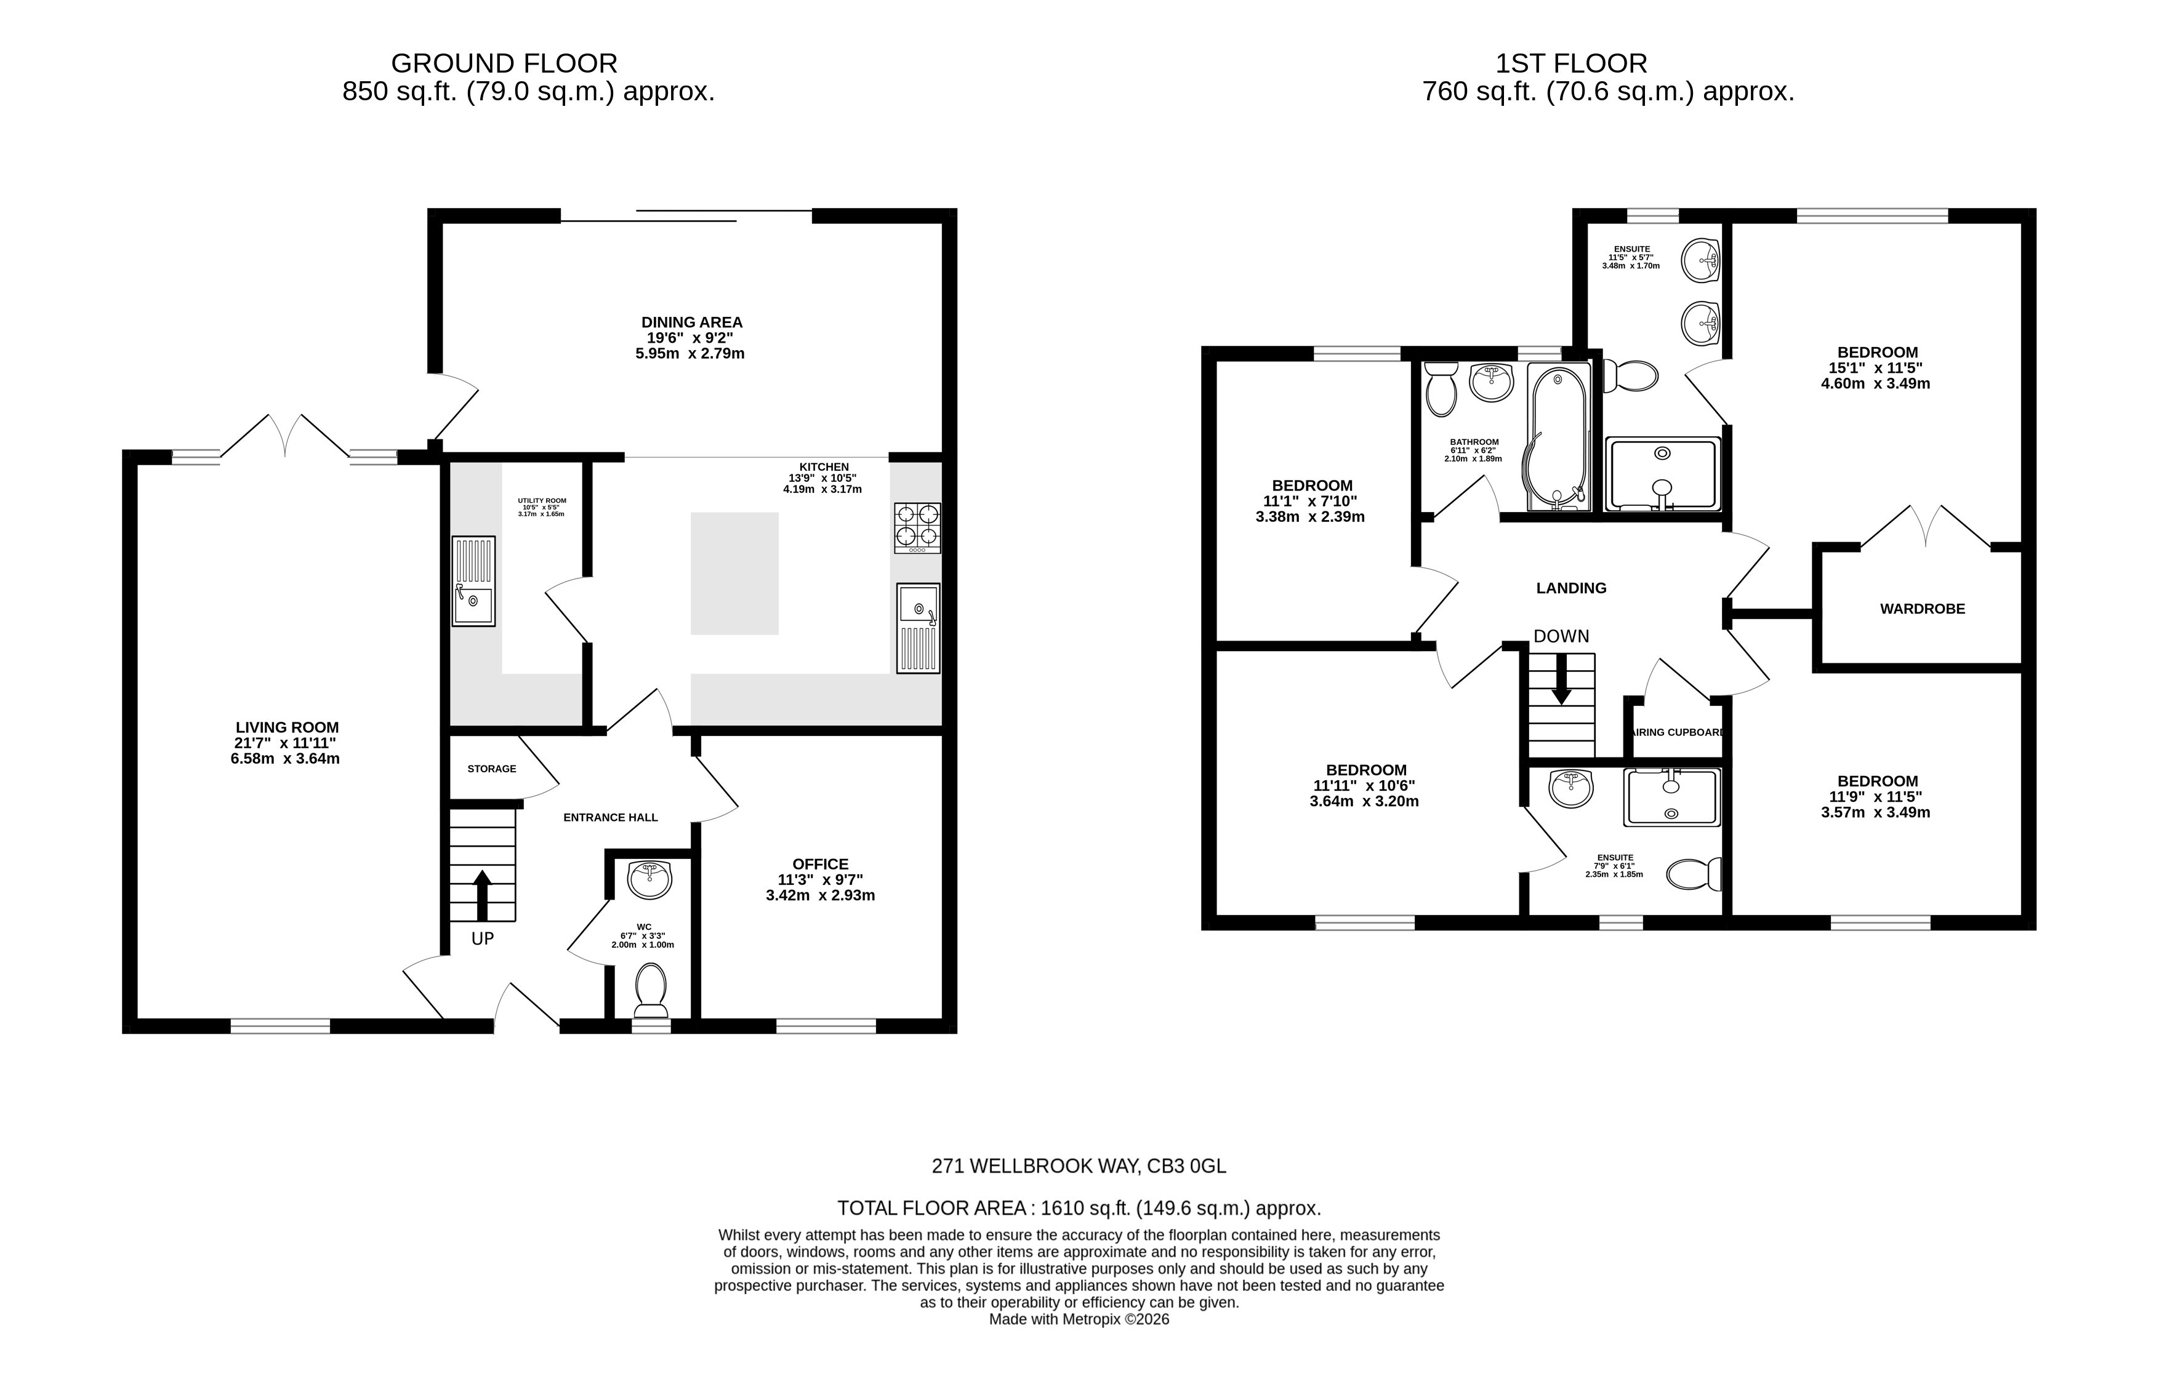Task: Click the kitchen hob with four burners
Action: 917,527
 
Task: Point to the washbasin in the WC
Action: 649,879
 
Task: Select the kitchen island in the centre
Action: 734,574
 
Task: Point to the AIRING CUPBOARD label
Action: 1677,732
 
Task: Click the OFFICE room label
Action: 820,864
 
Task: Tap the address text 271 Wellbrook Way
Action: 1078,1166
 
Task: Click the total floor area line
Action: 1078,1207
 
